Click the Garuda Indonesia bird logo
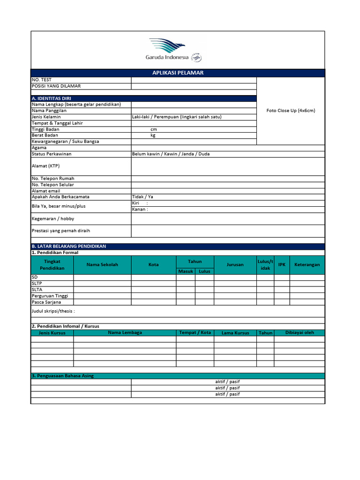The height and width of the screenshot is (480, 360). tap(167, 46)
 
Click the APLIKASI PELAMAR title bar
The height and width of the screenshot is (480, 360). tap(178, 73)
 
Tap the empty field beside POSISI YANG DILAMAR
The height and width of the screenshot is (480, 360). tap(194, 86)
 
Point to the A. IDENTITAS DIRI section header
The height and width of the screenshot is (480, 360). tap(51, 98)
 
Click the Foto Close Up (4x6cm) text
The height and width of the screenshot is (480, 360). tap(291, 111)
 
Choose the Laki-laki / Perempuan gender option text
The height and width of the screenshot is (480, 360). tap(177, 117)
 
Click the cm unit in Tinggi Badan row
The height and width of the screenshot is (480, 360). tap(153, 129)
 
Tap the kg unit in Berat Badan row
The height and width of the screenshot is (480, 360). tap(153, 135)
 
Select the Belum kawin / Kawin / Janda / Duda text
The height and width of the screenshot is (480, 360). tap(171, 154)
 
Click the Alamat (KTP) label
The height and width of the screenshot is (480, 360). tap(45, 166)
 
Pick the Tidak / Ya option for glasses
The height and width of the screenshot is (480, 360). tap(142, 197)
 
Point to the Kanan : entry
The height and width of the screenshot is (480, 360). tap(140, 210)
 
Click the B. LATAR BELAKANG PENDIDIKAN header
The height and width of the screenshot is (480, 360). tap(68, 246)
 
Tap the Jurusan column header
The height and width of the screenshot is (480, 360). tap(235, 265)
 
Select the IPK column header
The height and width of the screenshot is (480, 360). tap(282, 265)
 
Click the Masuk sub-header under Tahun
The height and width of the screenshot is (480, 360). tap(186, 271)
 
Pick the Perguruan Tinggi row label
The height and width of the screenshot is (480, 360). tap(50, 296)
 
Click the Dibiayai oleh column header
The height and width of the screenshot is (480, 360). tap(300, 333)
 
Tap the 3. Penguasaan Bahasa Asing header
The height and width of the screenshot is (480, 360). tap(62, 376)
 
